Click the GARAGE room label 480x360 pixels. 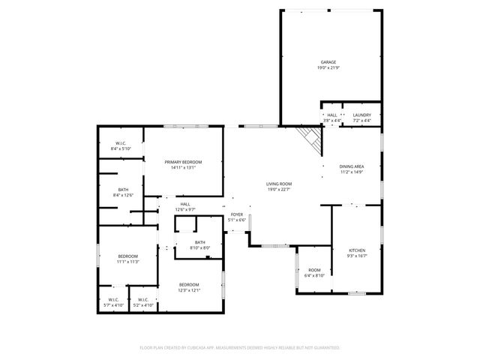click(x=328, y=62)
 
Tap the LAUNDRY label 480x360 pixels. click(x=362, y=115)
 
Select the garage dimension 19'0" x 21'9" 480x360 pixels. click(x=328, y=68)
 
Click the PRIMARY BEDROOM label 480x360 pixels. click(x=184, y=161)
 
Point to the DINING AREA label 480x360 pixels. click(x=352, y=166)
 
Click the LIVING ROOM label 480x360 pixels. click(x=279, y=184)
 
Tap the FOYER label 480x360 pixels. click(x=237, y=214)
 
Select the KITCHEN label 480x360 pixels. click(x=357, y=250)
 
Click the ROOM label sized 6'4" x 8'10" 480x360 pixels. click(x=314, y=270)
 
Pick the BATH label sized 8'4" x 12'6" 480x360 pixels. click(x=122, y=190)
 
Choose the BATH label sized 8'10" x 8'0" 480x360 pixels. click(x=200, y=242)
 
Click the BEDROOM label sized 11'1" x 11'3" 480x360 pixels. click(x=127, y=256)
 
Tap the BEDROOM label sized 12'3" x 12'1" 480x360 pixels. click(x=189, y=284)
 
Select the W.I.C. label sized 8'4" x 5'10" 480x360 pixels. click(x=121, y=143)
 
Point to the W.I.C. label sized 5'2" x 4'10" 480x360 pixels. click(x=143, y=300)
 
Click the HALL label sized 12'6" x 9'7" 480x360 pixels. click(x=184, y=203)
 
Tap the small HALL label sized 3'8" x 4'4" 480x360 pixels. click(x=332, y=115)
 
